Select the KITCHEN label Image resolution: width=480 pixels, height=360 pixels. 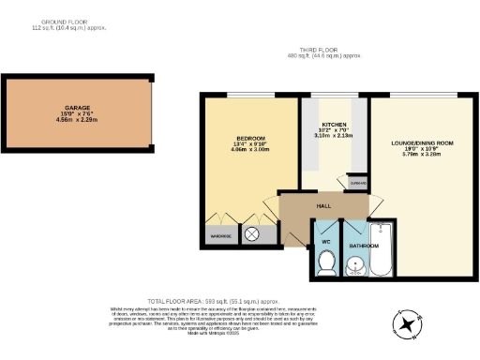[335, 124]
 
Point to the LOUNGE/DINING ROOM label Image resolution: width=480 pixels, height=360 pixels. [421, 142]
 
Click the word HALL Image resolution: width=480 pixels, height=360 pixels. [323, 204]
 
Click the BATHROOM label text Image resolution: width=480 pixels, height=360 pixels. [364, 246]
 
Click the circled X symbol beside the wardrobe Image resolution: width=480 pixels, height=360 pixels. [250, 235]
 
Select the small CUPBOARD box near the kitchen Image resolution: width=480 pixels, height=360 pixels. [357, 184]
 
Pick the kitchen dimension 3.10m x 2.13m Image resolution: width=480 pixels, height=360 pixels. [335, 135]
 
